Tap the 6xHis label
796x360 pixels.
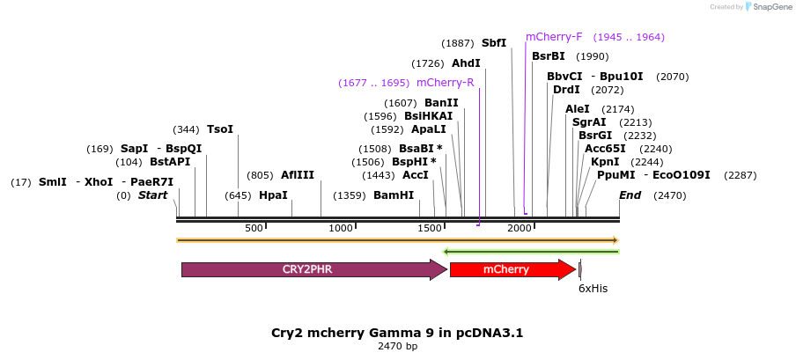593,288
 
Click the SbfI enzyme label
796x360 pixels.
493,42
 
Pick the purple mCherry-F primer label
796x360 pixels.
554,37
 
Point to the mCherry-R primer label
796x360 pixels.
445,83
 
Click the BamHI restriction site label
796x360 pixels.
394,195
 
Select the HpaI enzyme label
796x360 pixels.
273,195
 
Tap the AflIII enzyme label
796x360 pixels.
298,175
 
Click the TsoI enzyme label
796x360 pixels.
220,129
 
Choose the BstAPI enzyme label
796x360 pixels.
170,162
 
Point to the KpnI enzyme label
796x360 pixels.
605,162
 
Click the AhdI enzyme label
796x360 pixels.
466,63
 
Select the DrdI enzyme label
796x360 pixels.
566,89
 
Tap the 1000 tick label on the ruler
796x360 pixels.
341,228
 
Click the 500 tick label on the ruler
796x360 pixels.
254,228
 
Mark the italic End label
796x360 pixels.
630,195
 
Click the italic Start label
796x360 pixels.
152,195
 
